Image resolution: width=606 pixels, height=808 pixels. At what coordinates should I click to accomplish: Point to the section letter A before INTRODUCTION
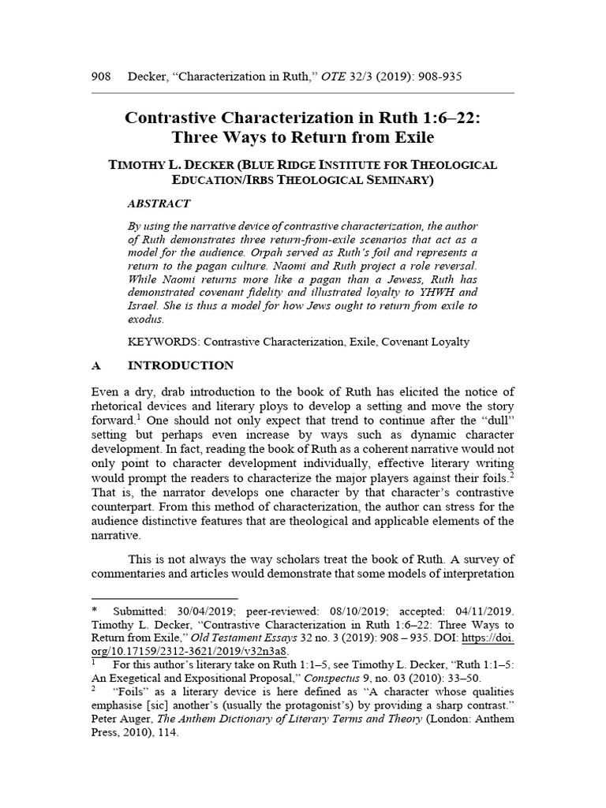coord(96,366)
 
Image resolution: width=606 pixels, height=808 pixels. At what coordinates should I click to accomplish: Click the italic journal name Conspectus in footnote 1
coord(330,678)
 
